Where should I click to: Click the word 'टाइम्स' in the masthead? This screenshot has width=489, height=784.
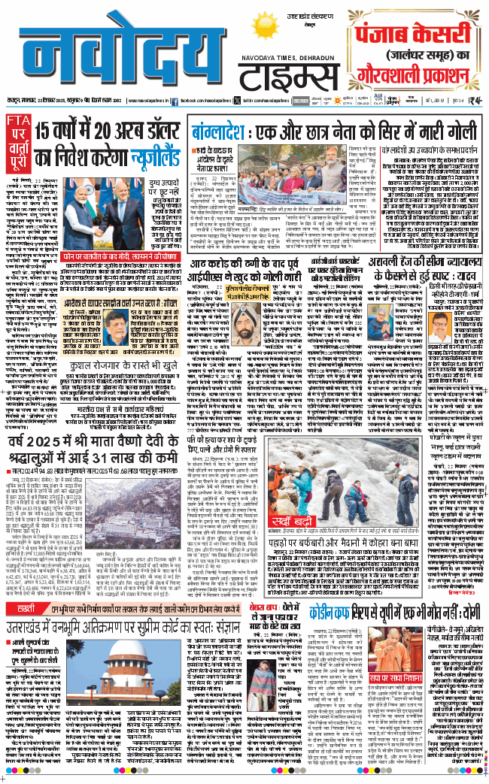290,75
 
